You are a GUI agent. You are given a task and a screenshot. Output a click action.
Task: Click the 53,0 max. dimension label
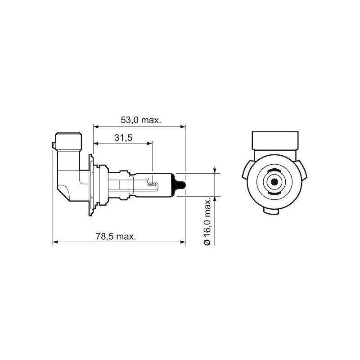141,120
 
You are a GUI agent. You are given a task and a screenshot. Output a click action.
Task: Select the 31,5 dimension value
122,138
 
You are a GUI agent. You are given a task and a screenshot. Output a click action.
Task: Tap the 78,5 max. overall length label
116,237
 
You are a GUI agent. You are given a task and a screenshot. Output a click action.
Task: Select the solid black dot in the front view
274,182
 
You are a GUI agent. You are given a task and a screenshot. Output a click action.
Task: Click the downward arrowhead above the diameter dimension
216,170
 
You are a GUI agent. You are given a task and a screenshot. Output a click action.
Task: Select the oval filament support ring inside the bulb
131,184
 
